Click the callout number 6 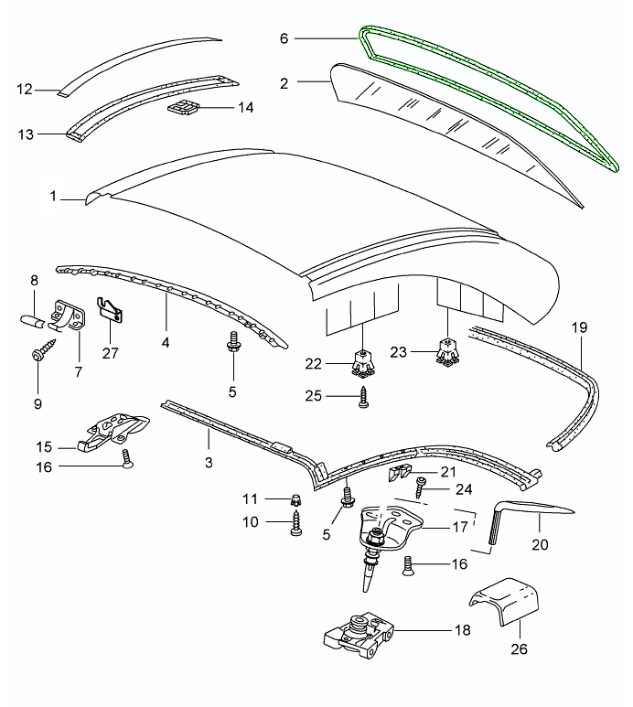point(284,38)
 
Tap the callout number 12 point(25,90)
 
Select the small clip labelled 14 point(184,111)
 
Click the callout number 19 point(578,327)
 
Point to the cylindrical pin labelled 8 point(32,323)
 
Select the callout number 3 point(209,463)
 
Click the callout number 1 point(55,196)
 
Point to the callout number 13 point(25,134)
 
